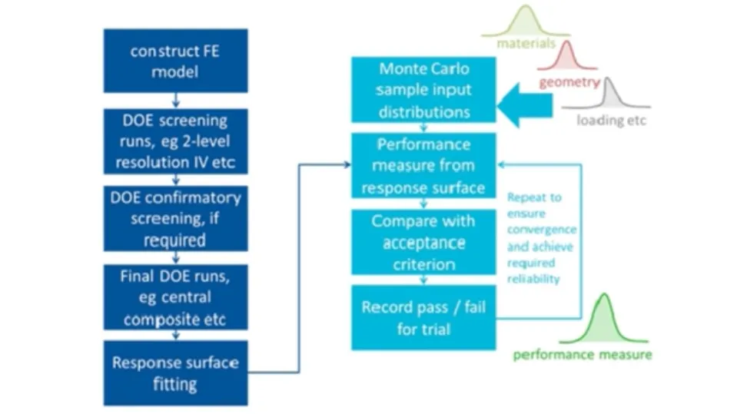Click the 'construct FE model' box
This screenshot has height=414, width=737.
point(175,61)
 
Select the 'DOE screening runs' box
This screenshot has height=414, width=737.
point(175,141)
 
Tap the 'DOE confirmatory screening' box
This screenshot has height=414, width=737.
point(175,219)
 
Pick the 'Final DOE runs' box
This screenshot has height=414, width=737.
point(175,296)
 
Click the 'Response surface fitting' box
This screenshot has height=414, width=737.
point(175,373)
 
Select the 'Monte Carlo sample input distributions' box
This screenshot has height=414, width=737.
point(424,90)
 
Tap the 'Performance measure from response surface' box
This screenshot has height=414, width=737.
point(424,165)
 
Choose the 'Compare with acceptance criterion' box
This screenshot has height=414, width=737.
point(424,242)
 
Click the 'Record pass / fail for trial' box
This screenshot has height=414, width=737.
point(424,317)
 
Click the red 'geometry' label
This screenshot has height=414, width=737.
point(569,82)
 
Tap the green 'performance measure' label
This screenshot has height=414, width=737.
point(583,355)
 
